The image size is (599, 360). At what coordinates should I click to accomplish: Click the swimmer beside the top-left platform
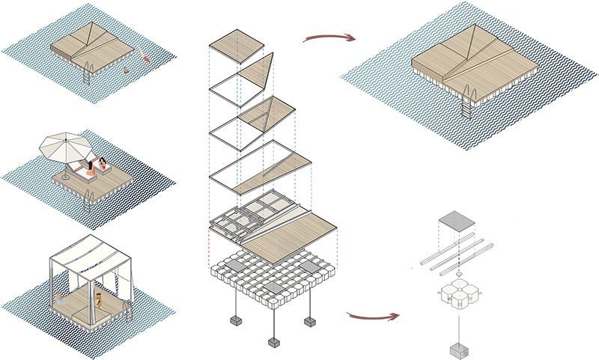tap(144, 58)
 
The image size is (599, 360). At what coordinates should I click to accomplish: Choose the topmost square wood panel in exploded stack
tap(237, 49)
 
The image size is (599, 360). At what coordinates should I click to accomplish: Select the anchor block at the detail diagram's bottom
tap(456, 351)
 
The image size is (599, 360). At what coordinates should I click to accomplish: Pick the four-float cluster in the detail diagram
tap(456, 296)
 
